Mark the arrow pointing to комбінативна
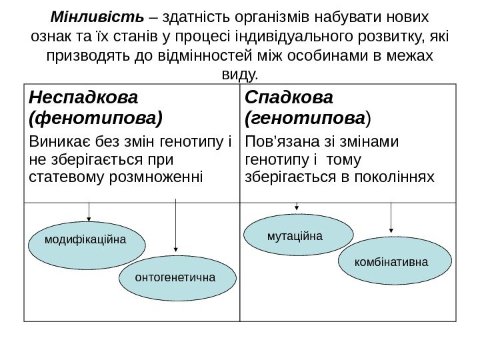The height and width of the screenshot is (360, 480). pyautogui.click(x=391, y=218)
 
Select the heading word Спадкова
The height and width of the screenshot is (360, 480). pyautogui.click(x=289, y=97)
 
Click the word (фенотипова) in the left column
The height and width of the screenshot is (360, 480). pyautogui.click(x=95, y=119)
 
